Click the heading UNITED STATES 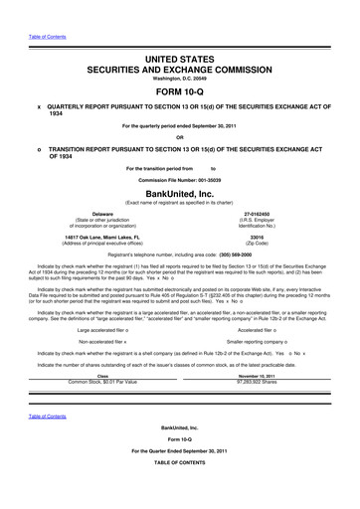(179, 34)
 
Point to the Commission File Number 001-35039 (179, 177)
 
